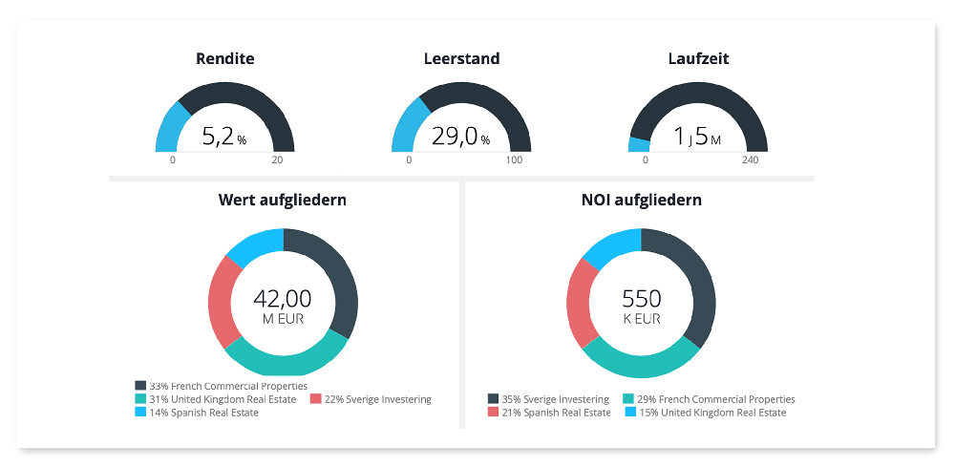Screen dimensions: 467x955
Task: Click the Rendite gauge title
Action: click(x=224, y=59)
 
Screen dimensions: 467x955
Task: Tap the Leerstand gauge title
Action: click(x=461, y=59)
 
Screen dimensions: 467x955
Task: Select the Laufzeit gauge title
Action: click(x=697, y=59)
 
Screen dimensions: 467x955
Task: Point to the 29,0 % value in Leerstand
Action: click(x=460, y=138)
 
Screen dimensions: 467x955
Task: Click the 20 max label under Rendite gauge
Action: click(x=277, y=159)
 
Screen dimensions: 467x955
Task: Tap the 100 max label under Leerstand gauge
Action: click(x=514, y=159)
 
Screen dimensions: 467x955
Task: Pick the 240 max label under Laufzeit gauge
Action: click(x=750, y=159)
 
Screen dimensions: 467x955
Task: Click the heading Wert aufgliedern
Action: click(x=283, y=201)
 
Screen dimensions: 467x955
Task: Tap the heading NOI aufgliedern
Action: click(x=641, y=201)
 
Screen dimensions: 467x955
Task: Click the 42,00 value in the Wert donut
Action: click(x=283, y=299)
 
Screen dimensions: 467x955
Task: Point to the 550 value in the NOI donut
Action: click(x=641, y=299)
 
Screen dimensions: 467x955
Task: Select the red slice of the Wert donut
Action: click(x=223, y=301)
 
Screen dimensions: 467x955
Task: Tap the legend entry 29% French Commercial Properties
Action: click(x=709, y=399)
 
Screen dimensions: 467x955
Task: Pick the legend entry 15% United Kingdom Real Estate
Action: click(x=706, y=413)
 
